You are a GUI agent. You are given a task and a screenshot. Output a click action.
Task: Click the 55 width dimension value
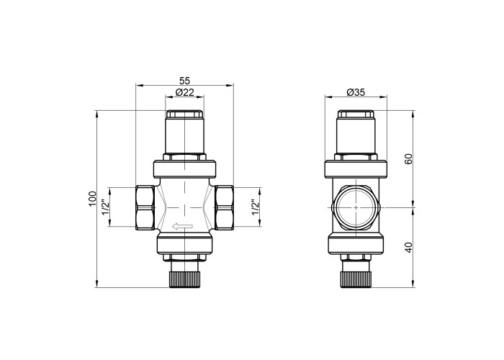pos(185,81)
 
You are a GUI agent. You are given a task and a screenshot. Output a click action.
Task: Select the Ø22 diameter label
pos(185,92)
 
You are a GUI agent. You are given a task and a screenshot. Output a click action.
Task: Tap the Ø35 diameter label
pos(356,92)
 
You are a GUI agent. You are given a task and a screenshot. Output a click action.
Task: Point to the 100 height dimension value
pos(93,199)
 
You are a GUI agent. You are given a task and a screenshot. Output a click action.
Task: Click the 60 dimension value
pos(408,159)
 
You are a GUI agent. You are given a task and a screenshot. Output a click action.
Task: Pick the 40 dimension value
pos(408,247)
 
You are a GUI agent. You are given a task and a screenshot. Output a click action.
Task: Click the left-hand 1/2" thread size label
pos(104,207)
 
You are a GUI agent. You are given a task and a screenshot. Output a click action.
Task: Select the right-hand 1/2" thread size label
pos(255,207)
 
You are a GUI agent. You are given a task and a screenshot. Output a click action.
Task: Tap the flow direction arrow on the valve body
pos(182,227)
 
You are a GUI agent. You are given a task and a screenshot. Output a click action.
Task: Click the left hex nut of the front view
pos(145,207)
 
